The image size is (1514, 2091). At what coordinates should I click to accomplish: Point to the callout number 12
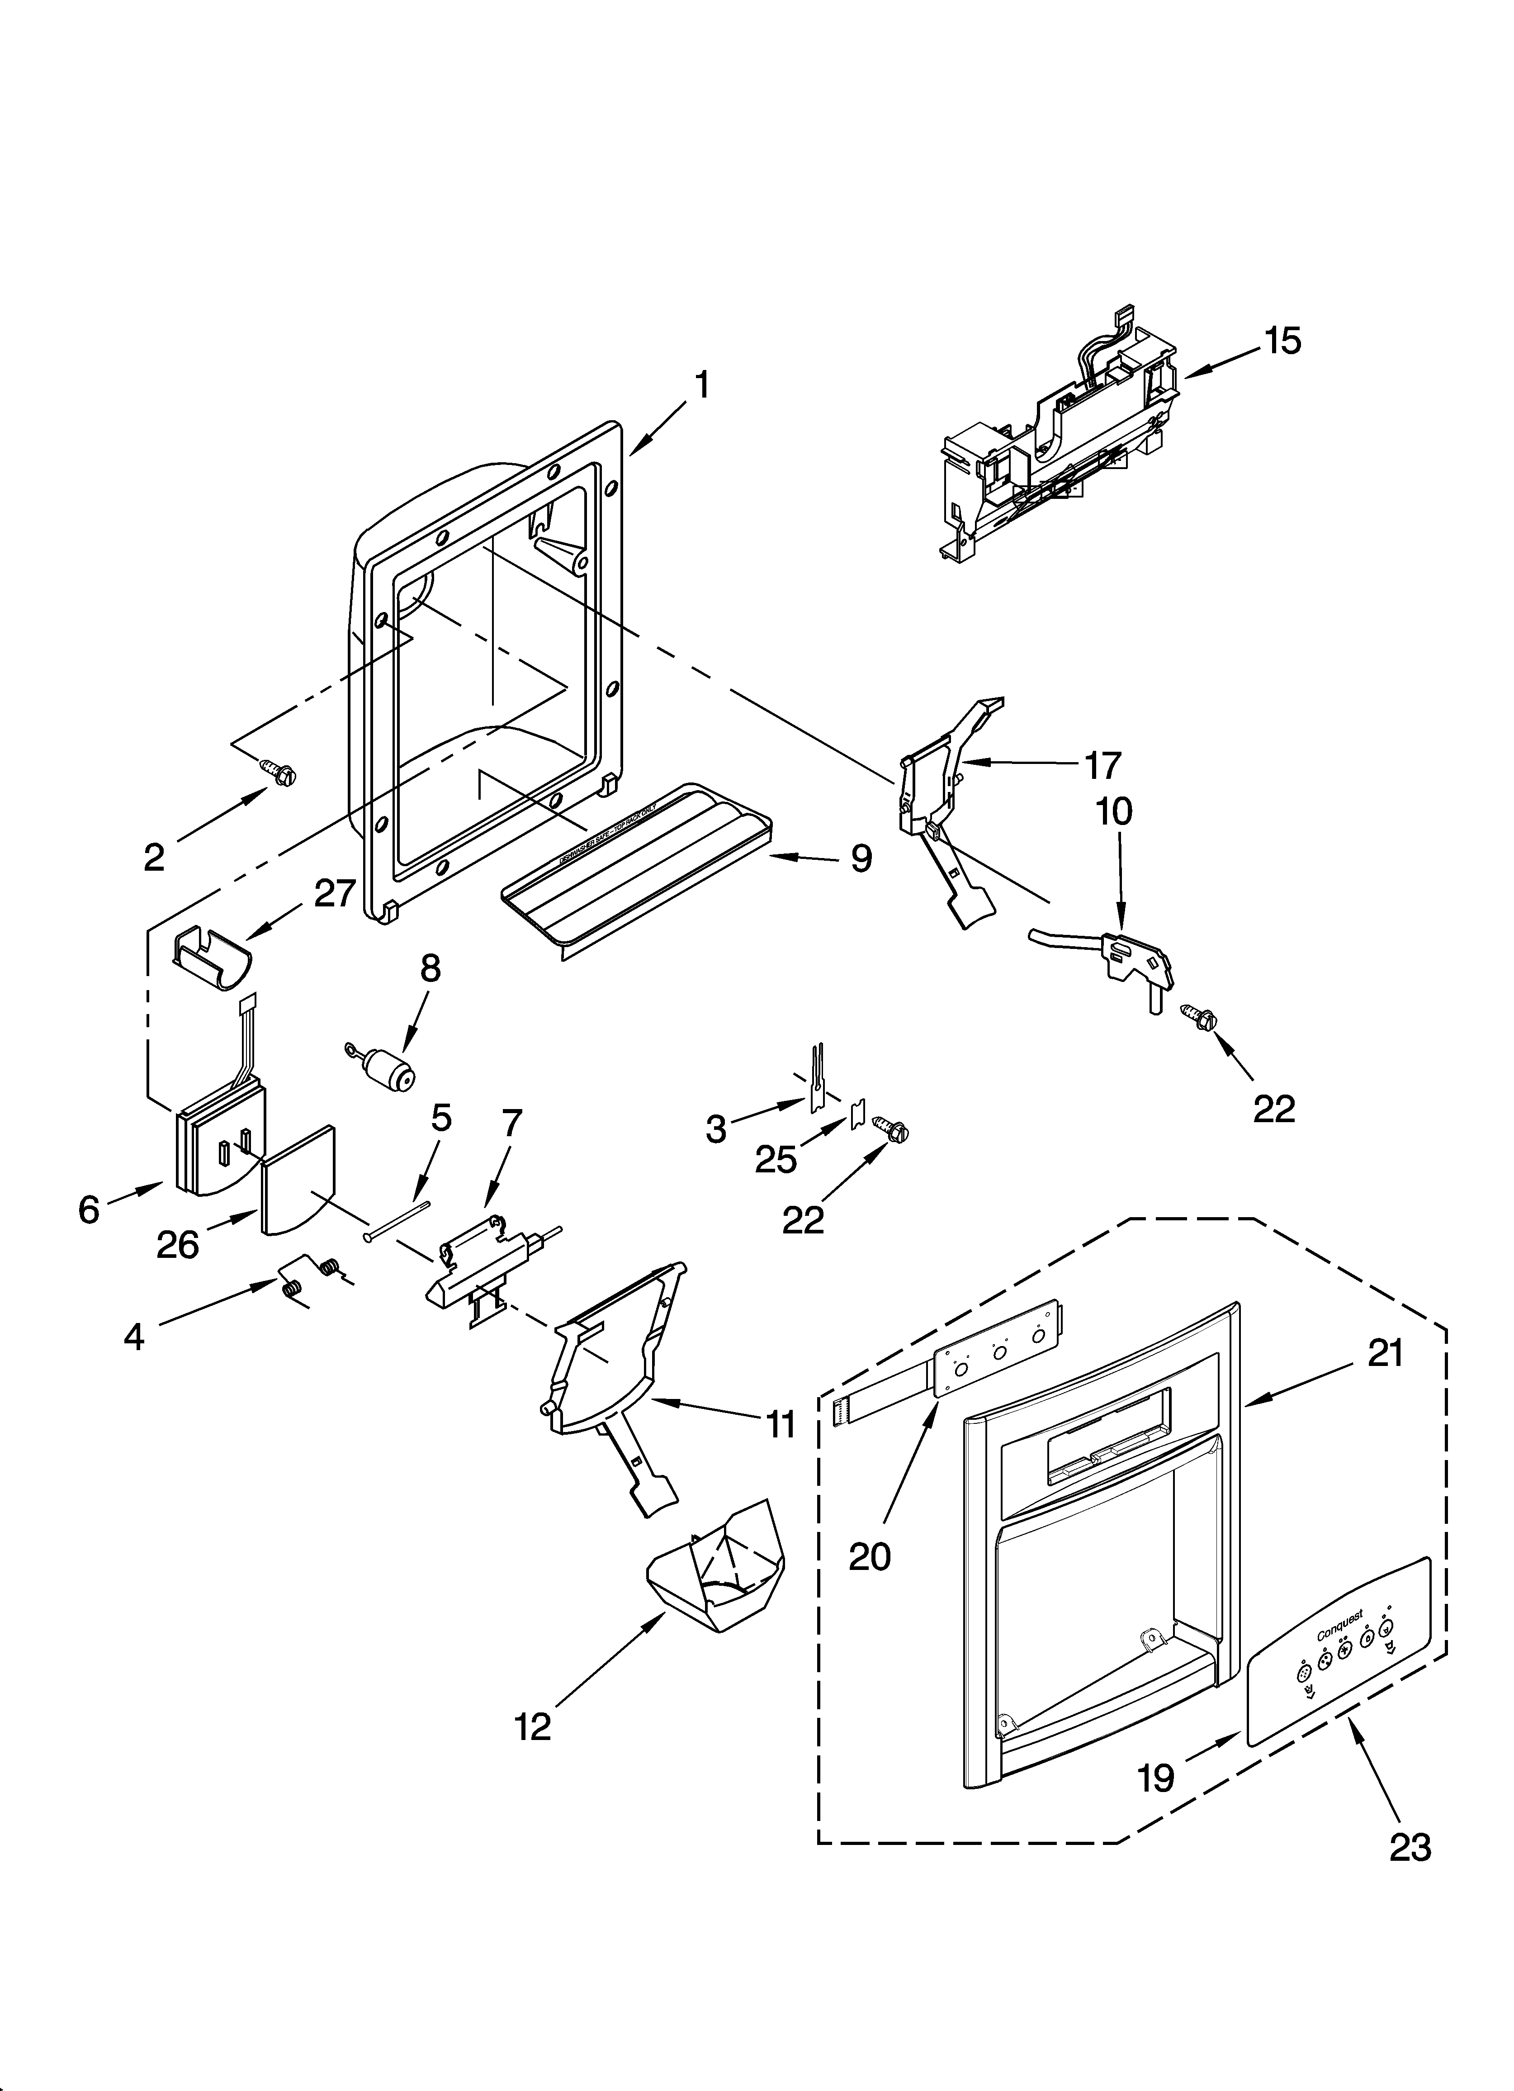coord(533,1726)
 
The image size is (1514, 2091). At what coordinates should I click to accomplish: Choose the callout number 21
coord(1385,1354)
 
